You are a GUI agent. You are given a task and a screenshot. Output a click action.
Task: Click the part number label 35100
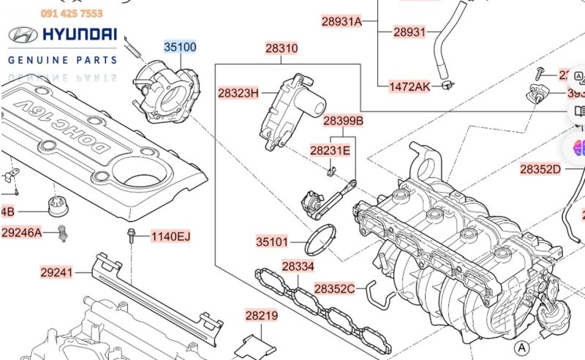pos(180,48)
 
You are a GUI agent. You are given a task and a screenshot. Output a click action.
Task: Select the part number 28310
pos(282,49)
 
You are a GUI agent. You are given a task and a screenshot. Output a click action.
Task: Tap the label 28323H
pos(238,93)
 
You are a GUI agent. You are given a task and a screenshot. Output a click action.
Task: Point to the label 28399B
pos(343,120)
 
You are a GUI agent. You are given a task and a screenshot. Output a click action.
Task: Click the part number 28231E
pos(330,151)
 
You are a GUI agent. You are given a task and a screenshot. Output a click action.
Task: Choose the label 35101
pos(272,241)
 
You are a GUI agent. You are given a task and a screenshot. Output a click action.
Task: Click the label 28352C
pos(334,289)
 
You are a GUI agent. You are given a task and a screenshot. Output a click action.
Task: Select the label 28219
pos(261,316)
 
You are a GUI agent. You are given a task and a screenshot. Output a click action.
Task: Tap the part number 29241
pos(56,272)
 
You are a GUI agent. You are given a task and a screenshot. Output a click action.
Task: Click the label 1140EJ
pos(170,236)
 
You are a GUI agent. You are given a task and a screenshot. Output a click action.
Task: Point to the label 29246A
pos(21,233)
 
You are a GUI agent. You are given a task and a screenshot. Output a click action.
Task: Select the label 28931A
pos(342,21)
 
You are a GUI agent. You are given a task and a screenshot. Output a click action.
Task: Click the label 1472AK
pos(409,86)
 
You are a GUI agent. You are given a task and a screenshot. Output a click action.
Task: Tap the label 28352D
pos(540,169)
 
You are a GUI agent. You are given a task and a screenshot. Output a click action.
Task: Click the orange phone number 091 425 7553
pos(72,13)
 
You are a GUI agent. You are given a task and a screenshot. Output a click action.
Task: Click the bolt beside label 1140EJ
pos(130,236)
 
